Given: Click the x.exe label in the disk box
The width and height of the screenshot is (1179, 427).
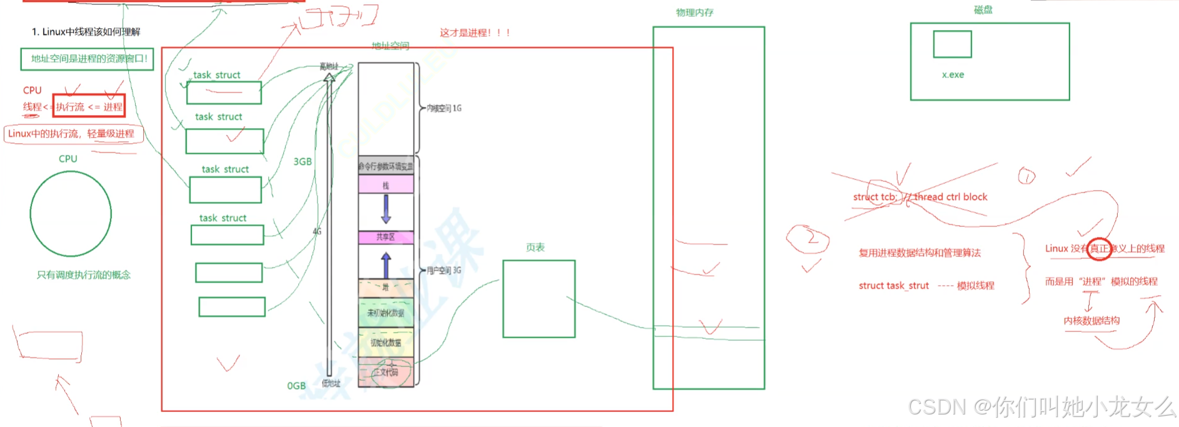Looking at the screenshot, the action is coord(953,74).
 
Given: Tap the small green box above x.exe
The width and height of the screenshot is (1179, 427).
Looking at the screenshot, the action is coord(952,44).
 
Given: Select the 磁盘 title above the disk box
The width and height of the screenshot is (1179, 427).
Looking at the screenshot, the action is coord(983,9).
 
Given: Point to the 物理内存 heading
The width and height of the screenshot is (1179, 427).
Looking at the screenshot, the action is coord(695,13).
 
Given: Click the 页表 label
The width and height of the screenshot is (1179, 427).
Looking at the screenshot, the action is coord(535,247).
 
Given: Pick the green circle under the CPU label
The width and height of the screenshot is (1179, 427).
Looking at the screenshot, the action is coord(71,214).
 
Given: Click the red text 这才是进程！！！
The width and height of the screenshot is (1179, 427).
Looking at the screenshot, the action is coord(475,33).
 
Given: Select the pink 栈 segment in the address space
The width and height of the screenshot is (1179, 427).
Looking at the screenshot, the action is coord(386,185).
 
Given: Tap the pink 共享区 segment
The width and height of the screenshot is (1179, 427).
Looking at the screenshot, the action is coord(386,237).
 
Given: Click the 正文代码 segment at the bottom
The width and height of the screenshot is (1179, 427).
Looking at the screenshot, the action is coord(386,373).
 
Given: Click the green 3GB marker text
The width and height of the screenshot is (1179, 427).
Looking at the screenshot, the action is coord(303,161).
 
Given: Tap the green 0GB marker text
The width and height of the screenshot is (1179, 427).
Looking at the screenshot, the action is coord(296,386).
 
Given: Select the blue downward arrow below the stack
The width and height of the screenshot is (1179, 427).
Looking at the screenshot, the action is coord(386,209).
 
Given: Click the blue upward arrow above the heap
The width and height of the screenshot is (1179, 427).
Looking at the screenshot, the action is coord(386,265).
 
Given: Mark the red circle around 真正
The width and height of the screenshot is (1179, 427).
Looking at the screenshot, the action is coord(1099,248).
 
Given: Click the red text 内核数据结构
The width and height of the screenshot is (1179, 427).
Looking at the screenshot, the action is coord(1091,321).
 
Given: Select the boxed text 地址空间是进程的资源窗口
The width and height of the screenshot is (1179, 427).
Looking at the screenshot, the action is coord(88,59).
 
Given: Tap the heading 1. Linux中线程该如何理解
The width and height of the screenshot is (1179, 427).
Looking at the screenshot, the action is coord(86,32).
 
